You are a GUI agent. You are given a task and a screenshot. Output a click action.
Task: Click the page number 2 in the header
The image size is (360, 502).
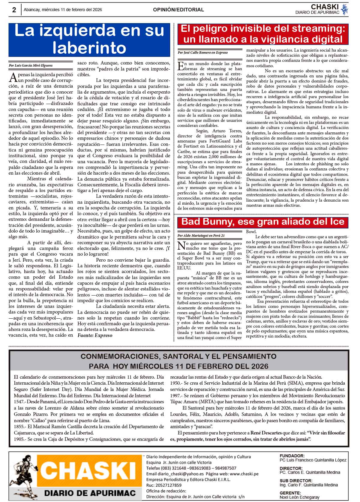pos(14,10)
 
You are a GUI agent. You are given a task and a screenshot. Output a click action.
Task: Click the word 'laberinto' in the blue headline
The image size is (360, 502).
pos(89,47)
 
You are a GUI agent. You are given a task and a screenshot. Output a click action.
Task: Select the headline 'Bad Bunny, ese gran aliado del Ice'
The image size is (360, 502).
pos(263,222)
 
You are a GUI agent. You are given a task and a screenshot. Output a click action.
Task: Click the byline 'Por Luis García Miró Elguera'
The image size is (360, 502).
pos(31,65)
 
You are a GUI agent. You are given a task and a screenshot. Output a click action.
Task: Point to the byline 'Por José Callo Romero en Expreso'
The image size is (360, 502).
pos(202,53)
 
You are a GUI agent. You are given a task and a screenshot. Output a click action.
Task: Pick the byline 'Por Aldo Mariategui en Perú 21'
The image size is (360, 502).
pos(201,236)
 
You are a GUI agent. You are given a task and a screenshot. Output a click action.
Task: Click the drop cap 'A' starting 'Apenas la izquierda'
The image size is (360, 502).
pos(13,77)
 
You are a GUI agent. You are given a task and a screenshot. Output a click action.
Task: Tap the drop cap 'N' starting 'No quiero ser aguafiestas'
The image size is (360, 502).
pos(181,246)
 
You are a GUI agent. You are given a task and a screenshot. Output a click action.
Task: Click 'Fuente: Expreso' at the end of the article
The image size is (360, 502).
pos(95,335)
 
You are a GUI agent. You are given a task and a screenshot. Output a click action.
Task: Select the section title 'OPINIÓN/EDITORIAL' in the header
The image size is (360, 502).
pos(178,10)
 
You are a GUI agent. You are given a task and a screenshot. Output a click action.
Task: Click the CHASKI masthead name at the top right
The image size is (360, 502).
pos(325,7)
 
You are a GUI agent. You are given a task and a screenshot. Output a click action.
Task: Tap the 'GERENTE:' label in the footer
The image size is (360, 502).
pos(290,493)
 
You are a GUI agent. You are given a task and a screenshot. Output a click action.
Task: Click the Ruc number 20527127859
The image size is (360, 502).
pos(168,485)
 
